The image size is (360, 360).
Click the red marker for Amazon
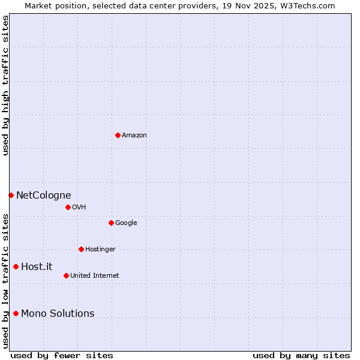point(118,135)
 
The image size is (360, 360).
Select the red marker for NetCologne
point(11,195)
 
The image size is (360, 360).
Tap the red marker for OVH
point(68,207)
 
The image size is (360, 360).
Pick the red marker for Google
point(111,223)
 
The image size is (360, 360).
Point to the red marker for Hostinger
point(81,249)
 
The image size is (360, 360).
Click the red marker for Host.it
point(16,266)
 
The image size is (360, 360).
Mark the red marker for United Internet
point(66,275)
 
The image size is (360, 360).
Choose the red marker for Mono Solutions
point(16,313)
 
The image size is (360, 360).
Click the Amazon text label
point(134,136)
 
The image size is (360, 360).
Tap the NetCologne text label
point(43,196)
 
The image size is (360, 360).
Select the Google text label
point(126,223)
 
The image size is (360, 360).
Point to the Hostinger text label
point(100,250)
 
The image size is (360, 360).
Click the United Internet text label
point(94,276)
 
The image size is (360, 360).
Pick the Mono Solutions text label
point(58,314)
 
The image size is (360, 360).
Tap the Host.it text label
point(37,267)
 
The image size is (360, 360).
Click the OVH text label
point(79,208)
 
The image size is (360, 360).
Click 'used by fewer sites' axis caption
point(62,356)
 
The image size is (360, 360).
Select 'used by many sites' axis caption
point(301,356)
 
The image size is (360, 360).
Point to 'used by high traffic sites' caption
point(5,85)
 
